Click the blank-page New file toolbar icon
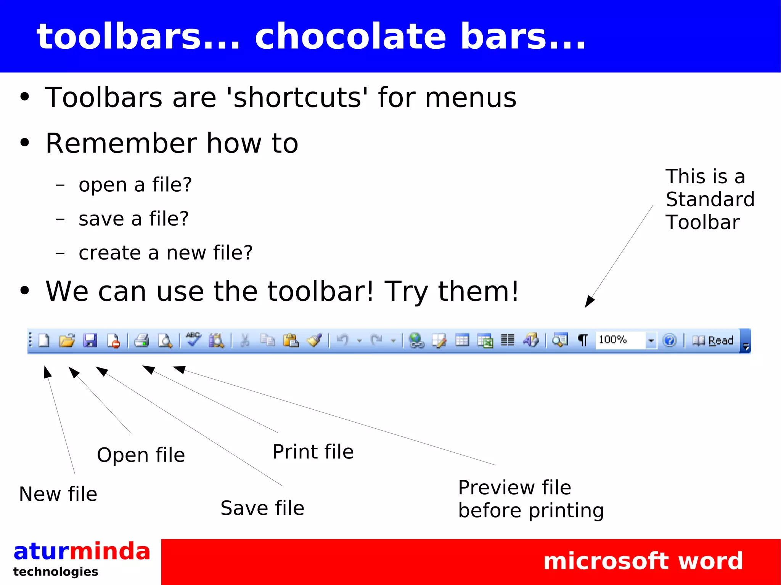click(44, 340)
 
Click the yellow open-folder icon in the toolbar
click(67, 340)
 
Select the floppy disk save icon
click(90, 340)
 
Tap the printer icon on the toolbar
click(141, 340)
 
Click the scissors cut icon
click(245, 340)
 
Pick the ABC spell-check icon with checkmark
click(193, 340)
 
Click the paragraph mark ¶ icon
click(582, 340)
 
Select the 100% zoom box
click(620, 340)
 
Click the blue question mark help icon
click(669, 340)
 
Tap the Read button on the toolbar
click(713, 340)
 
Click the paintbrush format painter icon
click(315, 340)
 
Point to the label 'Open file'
click(141, 455)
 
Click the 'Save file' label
click(262, 508)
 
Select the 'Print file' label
click(313, 452)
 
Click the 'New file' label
click(58, 494)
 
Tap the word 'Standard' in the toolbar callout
click(710, 199)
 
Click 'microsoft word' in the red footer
click(643, 561)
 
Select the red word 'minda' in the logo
click(110, 551)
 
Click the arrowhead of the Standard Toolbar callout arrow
click(589, 301)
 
